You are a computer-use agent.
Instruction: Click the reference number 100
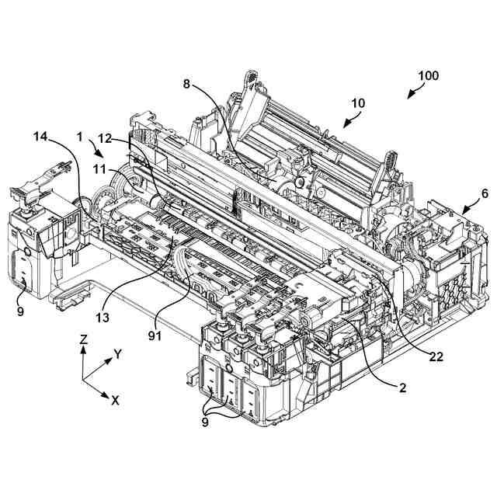pos(428,76)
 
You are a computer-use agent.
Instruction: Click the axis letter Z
pos(83,339)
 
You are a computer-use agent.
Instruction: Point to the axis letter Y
pos(118,354)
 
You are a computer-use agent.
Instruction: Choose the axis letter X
pos(115,401)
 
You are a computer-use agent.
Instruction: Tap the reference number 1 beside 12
pos(79,137)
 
